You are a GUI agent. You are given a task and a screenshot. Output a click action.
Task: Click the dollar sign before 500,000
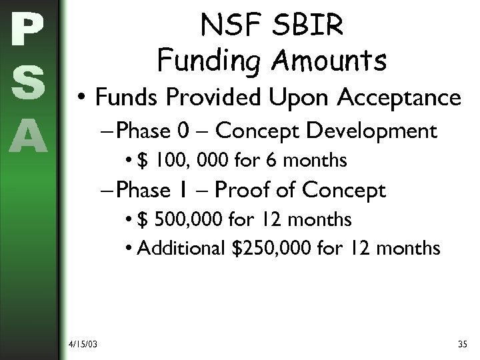click(x=144, y=219)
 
